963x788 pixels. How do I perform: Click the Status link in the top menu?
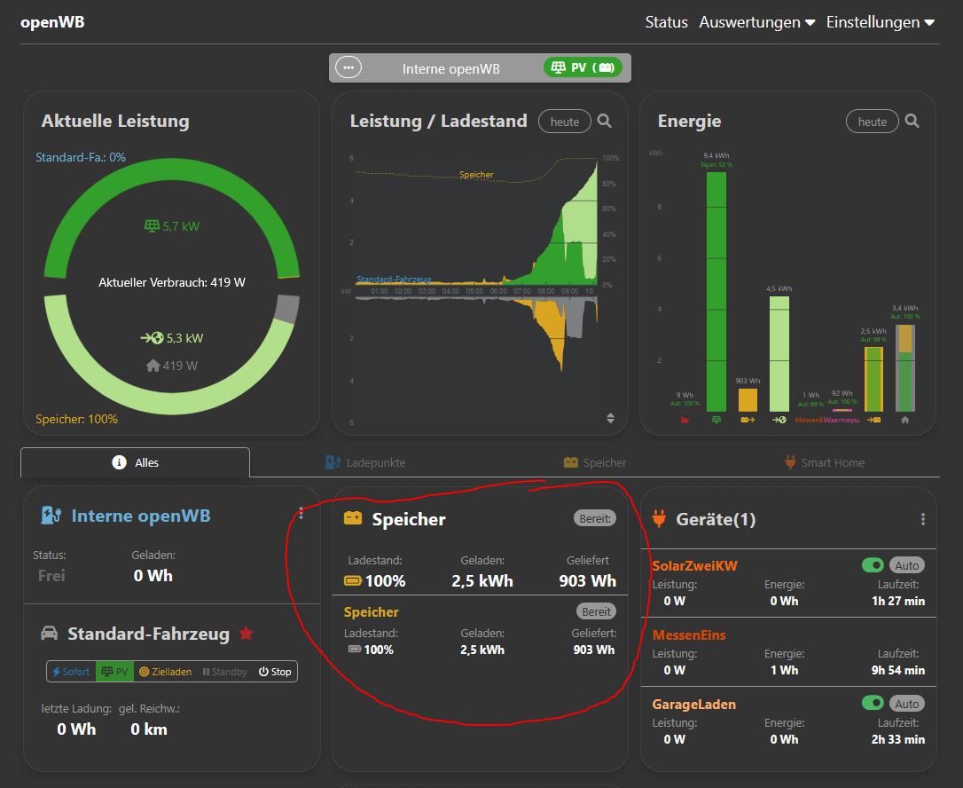[666, 22]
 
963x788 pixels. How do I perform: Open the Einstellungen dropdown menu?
[880, 22]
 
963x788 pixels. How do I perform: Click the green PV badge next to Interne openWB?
[583, 67]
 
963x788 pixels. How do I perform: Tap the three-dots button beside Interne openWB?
[348, 67]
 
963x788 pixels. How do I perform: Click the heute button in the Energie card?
[872, 122]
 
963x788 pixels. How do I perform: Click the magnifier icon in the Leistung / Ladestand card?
[604, 122]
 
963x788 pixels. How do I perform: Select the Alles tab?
[136, 462]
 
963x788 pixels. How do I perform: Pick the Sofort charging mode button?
[71, 672]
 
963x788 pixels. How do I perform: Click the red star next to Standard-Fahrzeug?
[247, 634]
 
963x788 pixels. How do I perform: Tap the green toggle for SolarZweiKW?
[873, 565]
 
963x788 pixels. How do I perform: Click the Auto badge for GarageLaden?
[906, 704]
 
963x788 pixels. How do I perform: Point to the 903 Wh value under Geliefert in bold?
[587, 581]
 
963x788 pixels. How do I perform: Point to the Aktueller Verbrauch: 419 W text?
[172, 283]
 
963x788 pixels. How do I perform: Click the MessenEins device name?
[689, 635]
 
